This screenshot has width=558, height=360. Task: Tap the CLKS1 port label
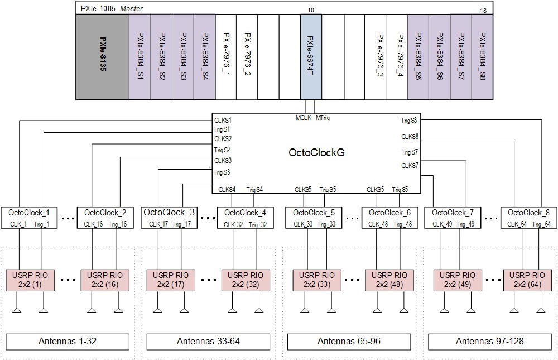[223, 120]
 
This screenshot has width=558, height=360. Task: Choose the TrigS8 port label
[408, 120]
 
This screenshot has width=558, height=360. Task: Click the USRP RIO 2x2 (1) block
[30, 280]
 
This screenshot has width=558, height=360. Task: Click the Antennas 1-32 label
[68, 341]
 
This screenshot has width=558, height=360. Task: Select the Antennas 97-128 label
[489, 341]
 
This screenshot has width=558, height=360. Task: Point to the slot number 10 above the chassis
[311, 9]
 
